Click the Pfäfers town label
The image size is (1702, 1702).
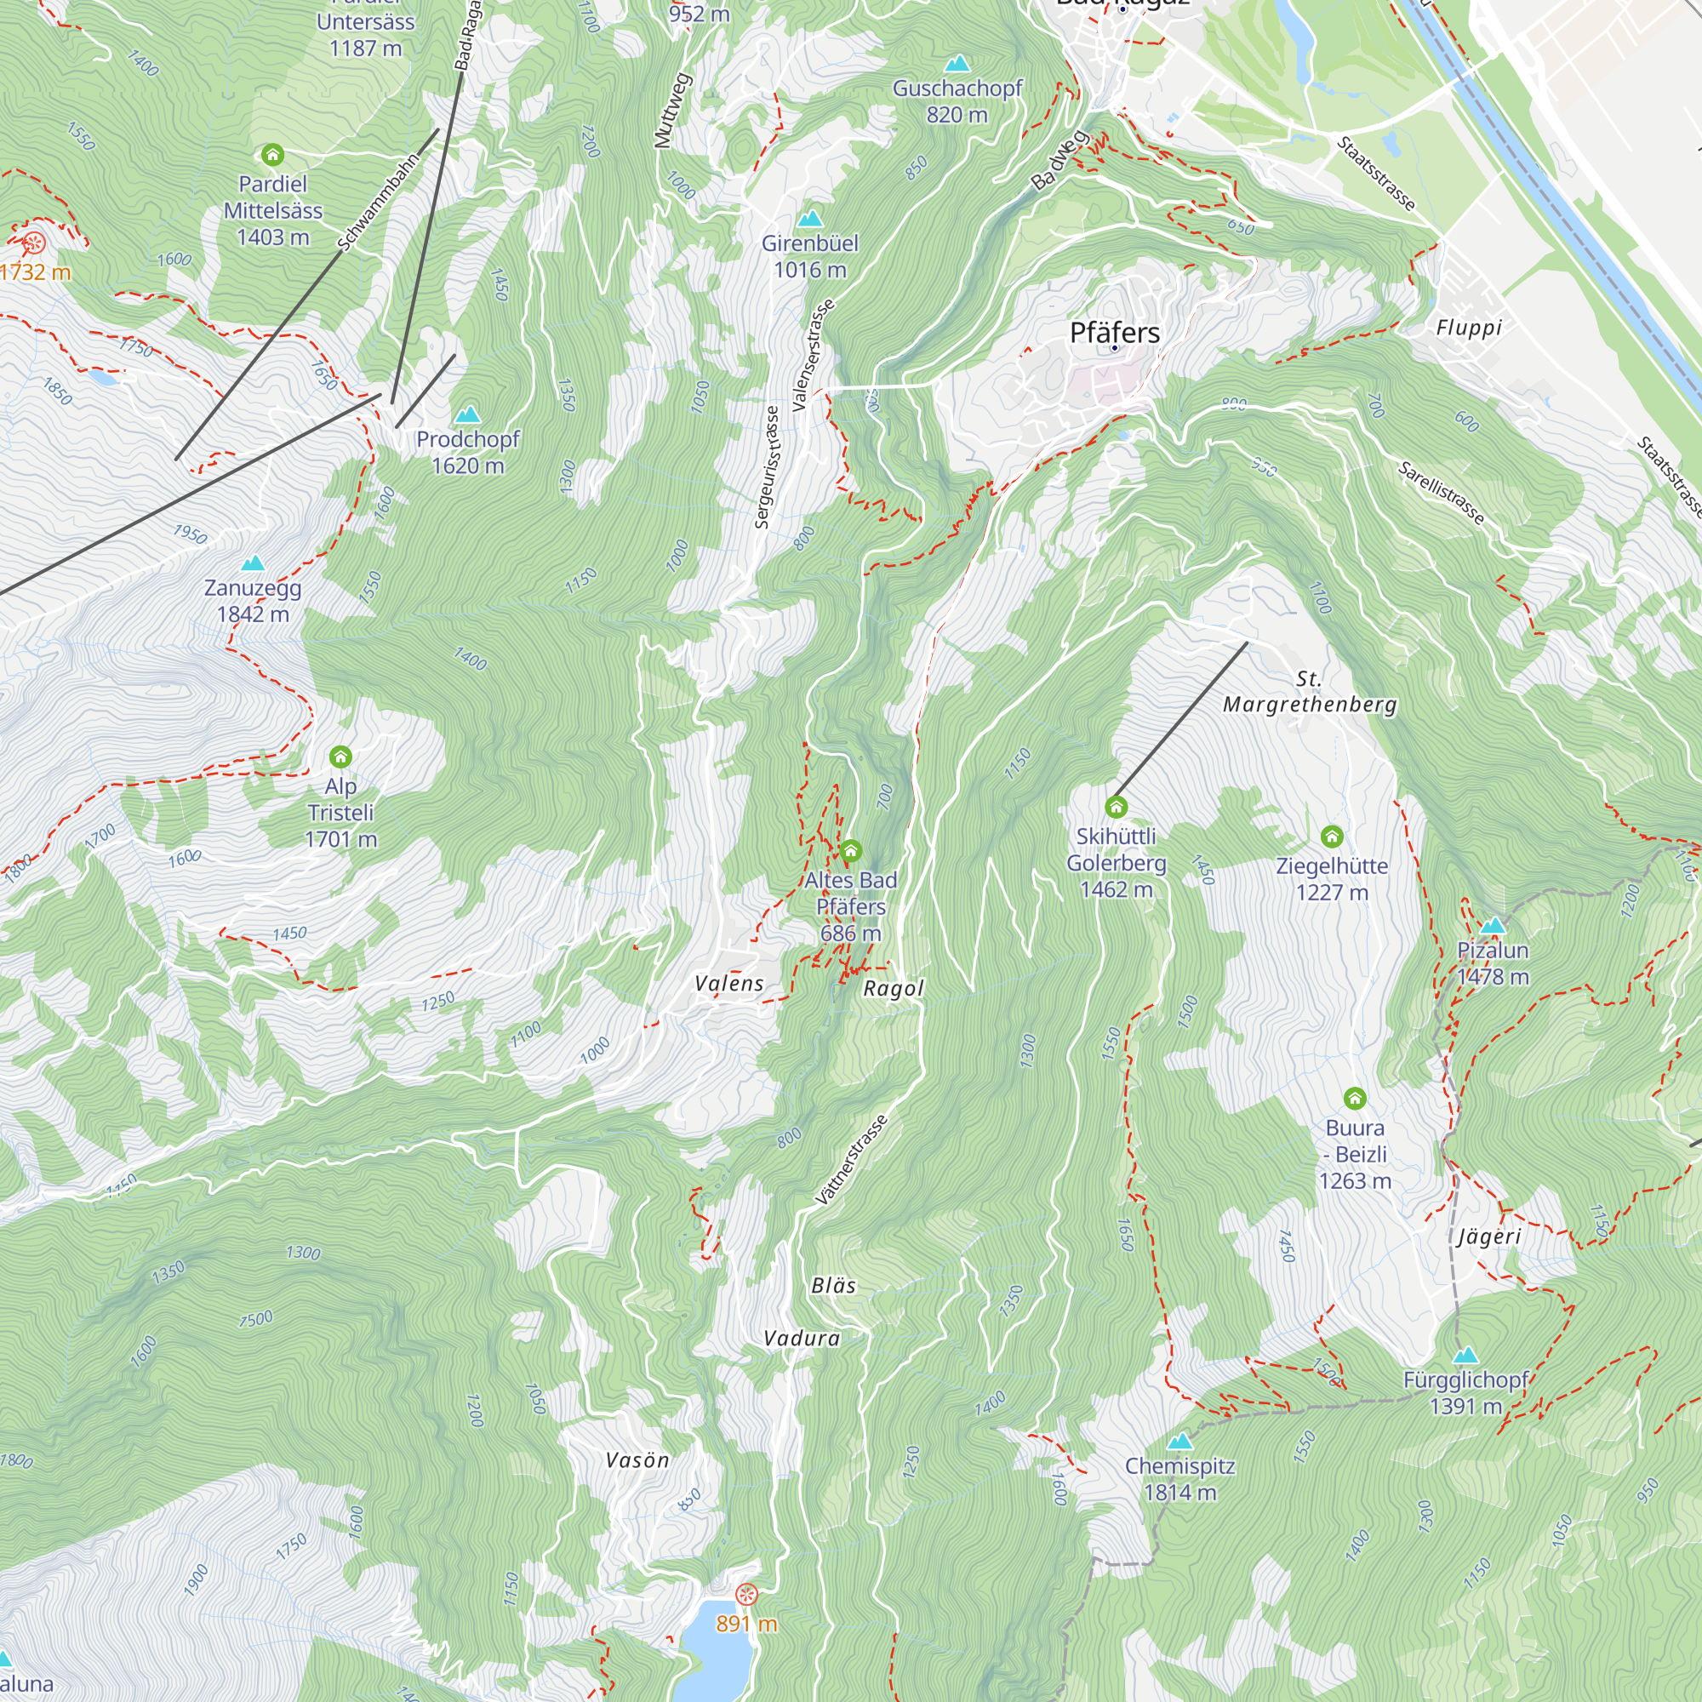[1115, 333]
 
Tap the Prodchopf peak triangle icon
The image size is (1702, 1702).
[468, 414]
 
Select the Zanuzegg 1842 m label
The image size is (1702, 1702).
[253, 601]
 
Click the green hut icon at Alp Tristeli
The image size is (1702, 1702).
[341, 757]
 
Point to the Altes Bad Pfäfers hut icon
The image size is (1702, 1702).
[850, 851]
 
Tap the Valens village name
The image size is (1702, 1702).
[729, 984]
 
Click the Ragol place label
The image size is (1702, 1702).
[894, 988]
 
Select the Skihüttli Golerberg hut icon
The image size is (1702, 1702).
[1117, 807]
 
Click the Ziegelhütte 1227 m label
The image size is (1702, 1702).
[1332, 878]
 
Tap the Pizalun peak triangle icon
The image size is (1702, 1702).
[1493, 926]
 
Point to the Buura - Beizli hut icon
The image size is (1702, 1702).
[1355, 1099]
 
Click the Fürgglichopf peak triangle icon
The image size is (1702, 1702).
[1465, 1355]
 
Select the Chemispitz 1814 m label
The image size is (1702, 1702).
[1179, 1479]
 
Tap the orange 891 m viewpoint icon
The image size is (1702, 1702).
[746, 1594]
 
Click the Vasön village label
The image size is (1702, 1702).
[637, 1460]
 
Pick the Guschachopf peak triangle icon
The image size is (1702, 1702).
[957, 64]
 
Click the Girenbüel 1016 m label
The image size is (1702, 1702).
[809, 256]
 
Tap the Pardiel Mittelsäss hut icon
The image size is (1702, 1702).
[272, 156]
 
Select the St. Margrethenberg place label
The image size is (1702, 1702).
[1309, 692]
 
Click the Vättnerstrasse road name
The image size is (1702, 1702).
[851, 1159]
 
